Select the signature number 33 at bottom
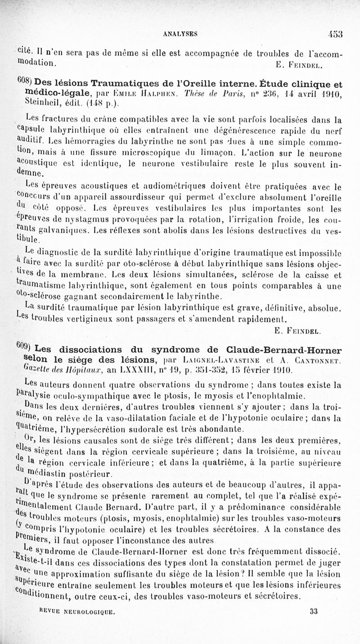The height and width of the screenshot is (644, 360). coord(313,624)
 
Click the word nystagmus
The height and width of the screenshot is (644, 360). coord(87,220)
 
